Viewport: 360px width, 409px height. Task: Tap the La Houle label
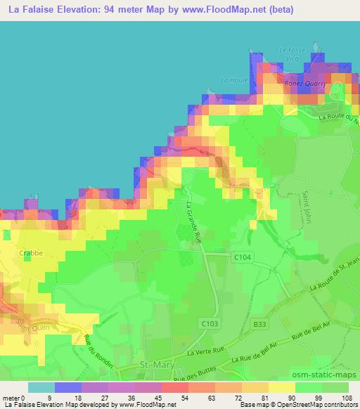pos(231,79)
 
